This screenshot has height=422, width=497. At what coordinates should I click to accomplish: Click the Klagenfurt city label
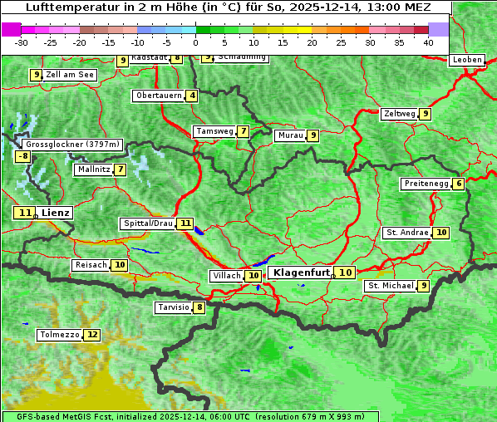302,272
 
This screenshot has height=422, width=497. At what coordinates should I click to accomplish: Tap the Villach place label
226,275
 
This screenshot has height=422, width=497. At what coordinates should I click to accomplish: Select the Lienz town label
56,213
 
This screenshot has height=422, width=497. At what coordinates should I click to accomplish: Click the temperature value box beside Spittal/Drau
185,223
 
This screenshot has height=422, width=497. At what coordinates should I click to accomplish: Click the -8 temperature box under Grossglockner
23,156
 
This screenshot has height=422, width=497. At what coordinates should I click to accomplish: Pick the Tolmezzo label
60,335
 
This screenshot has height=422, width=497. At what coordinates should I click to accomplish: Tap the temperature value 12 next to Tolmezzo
91,335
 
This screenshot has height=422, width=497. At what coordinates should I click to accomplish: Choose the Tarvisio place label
173,307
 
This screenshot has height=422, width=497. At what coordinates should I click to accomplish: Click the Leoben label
466,60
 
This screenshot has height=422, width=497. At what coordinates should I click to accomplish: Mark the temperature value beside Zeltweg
426,114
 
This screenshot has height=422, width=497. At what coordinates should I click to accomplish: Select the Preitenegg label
426,184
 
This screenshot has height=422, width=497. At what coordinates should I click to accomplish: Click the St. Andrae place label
406,233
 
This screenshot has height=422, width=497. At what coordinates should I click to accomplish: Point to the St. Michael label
390,286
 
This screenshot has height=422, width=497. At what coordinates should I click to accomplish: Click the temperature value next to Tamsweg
243,131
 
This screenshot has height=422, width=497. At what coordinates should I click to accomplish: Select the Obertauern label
159,96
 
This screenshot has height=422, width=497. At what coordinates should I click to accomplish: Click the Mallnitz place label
93,169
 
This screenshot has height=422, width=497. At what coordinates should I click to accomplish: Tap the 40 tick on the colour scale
428,42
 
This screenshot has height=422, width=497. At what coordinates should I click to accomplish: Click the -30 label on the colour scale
22,42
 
